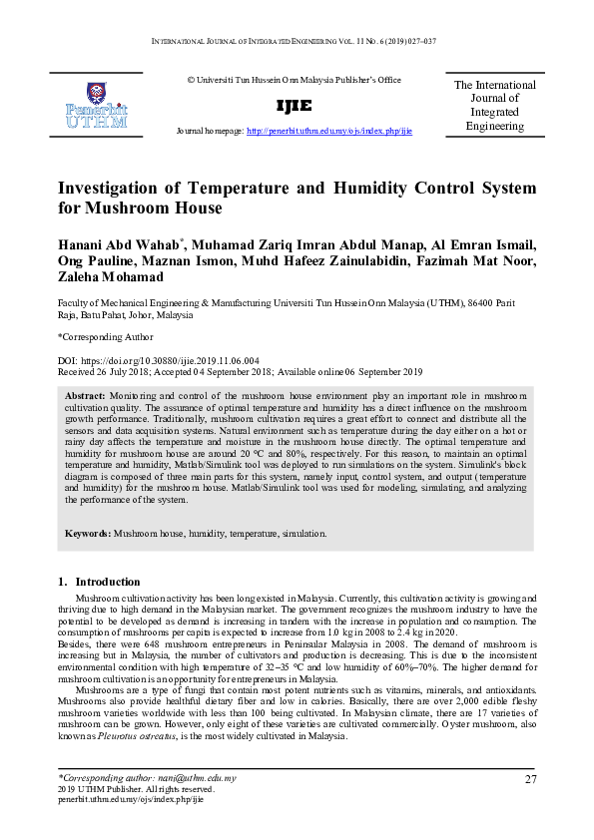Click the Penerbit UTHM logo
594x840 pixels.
pyautogui.click(x=96, y=105)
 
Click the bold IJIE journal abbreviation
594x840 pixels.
pyautogui.click(x=294, y=106)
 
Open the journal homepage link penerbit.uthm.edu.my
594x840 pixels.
pyautogui.click(x=328, y=131)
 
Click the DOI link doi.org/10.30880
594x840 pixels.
pyautogui.click(x=180, y=359)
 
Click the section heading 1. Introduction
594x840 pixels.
pyautogui.click(x=99, y=582)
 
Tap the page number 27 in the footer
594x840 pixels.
pyautogui.click(x=529, y=778)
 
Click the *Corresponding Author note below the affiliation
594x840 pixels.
pyautogui.click(x=98, y=337)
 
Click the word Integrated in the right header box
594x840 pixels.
pyautogui.click(x=495, y=113)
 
